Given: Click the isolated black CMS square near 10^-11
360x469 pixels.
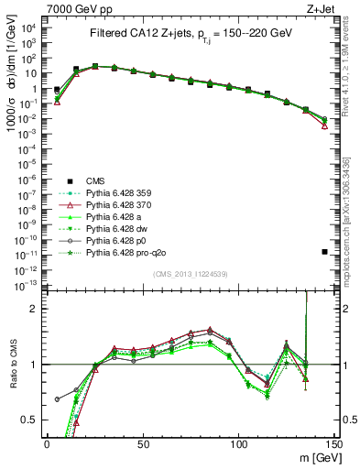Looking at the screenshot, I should point(325,252).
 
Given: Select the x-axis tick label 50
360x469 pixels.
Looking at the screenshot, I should point(142,443).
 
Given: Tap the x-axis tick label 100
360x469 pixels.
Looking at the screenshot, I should point(238,443).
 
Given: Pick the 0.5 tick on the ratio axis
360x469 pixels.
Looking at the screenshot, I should point(32,420).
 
